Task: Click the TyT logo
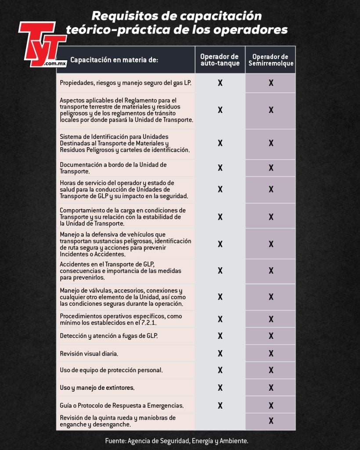click(x=42, y=44)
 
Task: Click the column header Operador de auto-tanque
click(x=220, y=60)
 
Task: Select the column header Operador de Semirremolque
click(x=270, y=60)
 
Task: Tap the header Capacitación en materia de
click(x=114, y=60)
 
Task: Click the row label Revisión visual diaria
click(x=89, y=354)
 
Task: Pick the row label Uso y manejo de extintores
click(x=97, y=388)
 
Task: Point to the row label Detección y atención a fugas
click(x=108, y=336)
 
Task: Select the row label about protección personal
click(x=111, y=370)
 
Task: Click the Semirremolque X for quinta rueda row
click(x=271, y=421)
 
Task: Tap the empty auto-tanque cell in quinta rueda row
click(x=220, y=421)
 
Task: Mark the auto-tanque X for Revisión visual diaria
click(x=220, y=353)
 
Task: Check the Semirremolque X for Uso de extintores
click(x=271, y=388)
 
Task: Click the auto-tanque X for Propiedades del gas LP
click(x=220, y=83)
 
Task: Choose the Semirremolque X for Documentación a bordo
click(x=271, y=167)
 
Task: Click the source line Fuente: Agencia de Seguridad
click(x=176, y=440)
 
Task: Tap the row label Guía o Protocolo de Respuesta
click(x=122, y=405)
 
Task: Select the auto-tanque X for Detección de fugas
click(x=220, y=336)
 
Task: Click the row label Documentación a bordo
click(x=113, y=168)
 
